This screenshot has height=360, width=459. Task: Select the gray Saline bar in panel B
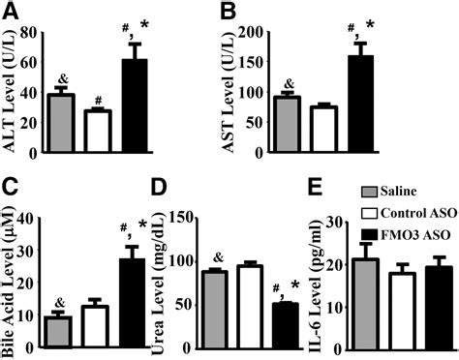click(289, 125)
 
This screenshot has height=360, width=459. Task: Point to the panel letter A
click(11, 13)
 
